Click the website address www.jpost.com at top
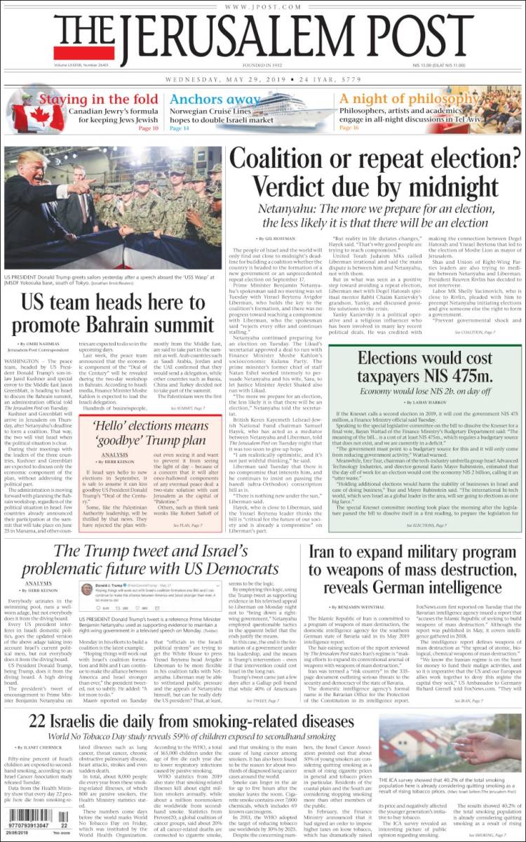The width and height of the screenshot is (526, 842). click(x=263, y=7)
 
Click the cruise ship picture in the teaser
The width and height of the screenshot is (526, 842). click(x=283, y=109)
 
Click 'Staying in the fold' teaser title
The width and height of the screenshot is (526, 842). click(x=97, y=99)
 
